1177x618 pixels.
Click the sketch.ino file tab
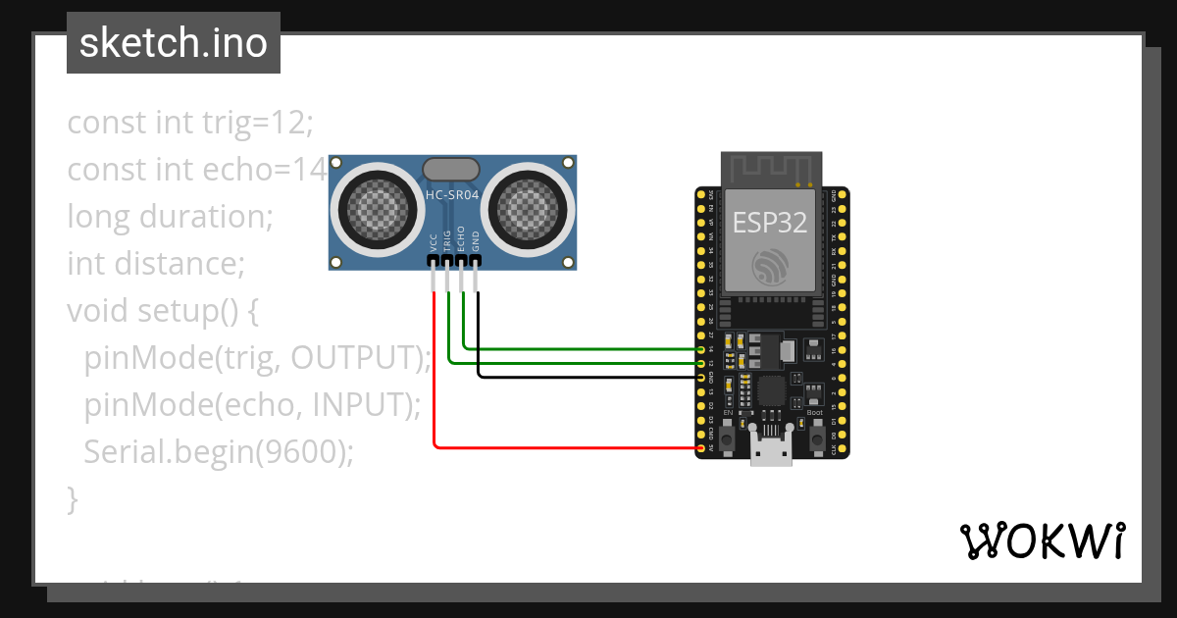point(174,43)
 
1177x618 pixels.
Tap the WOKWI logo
point(1041,541)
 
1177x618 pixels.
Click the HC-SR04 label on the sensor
point(452,196)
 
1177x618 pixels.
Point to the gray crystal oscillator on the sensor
point(451,169)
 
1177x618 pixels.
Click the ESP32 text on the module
point(770,222)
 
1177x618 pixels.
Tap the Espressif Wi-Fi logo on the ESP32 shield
point(770,266)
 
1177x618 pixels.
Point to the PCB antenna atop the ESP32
point(771,168)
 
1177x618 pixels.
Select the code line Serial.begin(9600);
point(218,451)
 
